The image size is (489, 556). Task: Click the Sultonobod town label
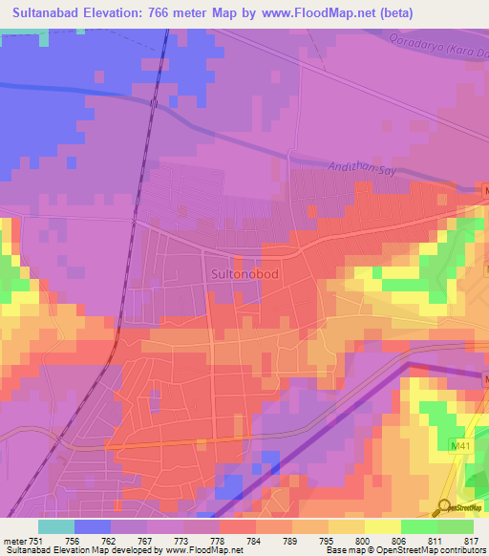click(x=243, y=273)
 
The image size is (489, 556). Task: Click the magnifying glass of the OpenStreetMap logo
click(x=445, y=505)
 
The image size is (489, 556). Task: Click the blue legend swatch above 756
click(x=93, y=526)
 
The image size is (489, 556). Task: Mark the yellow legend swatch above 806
click(x=383, y=526)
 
